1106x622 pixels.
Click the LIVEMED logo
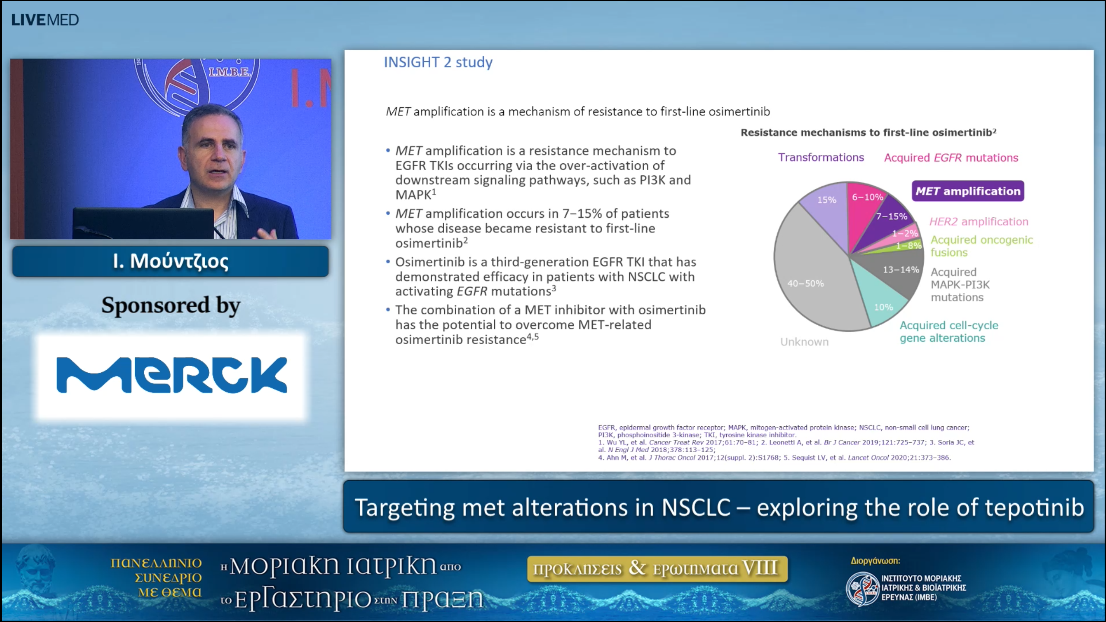(45, 20)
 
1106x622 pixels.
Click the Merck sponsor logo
(172, 375)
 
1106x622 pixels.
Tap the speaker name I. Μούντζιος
(170, 261)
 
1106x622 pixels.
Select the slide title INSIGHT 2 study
(438, 62)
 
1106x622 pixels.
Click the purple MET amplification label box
(968, 191)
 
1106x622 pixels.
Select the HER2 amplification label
(979, 222)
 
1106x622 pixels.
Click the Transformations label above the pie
(821, 157)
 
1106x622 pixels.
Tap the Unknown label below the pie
(804, 342)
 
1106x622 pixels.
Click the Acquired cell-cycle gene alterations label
(949, 331)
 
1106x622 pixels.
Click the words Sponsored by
(171, 305)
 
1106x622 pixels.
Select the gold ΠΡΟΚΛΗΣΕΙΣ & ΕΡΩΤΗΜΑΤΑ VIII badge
(657, 568)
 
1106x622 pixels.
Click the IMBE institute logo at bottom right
(862, 588)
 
